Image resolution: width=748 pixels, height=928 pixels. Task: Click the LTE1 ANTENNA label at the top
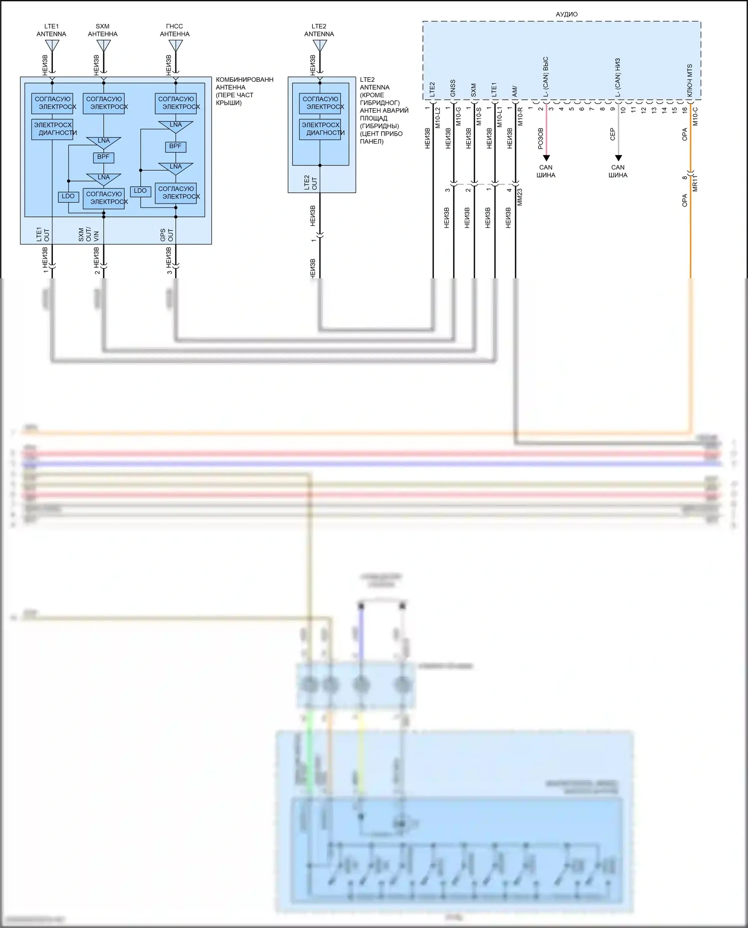tap(51, 30)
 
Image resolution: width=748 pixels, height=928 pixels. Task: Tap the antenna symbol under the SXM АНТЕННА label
tap(103, 45)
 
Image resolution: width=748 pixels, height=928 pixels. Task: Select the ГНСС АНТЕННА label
tap(175, 30)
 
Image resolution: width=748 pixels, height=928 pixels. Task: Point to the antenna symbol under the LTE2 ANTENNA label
tap(320, 45)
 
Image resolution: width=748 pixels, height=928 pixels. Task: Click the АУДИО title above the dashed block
tap(566, 14)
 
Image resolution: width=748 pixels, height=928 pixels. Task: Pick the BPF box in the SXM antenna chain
tap(103, 157)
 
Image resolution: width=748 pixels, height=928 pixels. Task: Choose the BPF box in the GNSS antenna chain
tap(175, 147)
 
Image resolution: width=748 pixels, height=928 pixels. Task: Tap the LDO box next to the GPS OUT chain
tap(140, 191)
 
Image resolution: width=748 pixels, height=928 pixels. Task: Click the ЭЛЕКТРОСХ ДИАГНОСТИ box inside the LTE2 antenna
tap(321, 129)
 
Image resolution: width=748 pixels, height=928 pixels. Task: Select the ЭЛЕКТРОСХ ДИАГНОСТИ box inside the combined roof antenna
tap(52, 129)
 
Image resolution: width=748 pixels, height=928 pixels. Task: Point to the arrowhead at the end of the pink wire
tap(546, 158)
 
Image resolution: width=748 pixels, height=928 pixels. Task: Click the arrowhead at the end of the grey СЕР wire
tap(618, 158)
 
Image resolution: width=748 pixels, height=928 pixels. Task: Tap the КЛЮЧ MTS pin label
tap(690, 81)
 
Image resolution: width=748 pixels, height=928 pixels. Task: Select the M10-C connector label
tap(695, 116)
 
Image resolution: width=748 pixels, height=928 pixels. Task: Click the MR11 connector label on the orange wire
tap(695, 183)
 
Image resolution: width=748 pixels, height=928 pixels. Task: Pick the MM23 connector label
tap(520, 197)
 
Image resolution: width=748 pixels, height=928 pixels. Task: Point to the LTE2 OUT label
tap(310, 183)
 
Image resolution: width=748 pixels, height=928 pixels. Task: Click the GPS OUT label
tap(167, 235)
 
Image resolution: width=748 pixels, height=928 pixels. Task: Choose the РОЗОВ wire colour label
tap(541, 139)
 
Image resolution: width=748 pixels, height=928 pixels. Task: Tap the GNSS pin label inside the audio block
tap(453, 88)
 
